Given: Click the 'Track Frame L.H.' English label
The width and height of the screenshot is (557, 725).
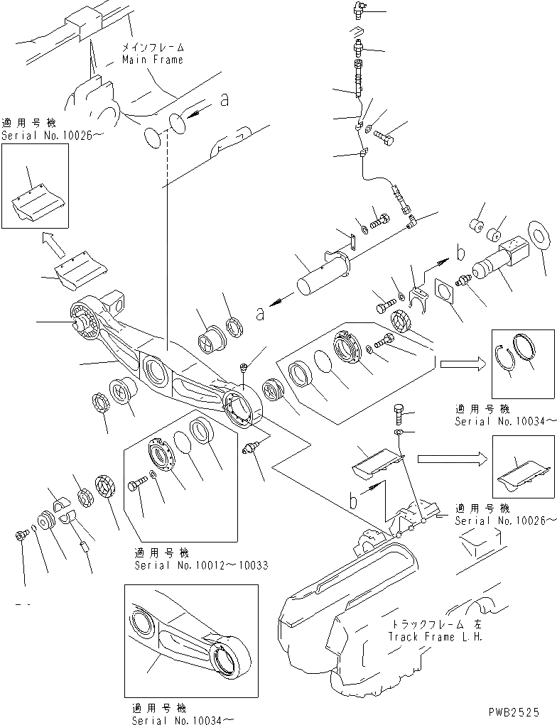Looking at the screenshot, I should (435, 636).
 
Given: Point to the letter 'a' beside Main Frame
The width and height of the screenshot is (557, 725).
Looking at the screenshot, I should (225, 102).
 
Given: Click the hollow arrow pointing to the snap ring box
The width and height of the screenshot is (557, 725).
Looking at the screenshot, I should (462, 364).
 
